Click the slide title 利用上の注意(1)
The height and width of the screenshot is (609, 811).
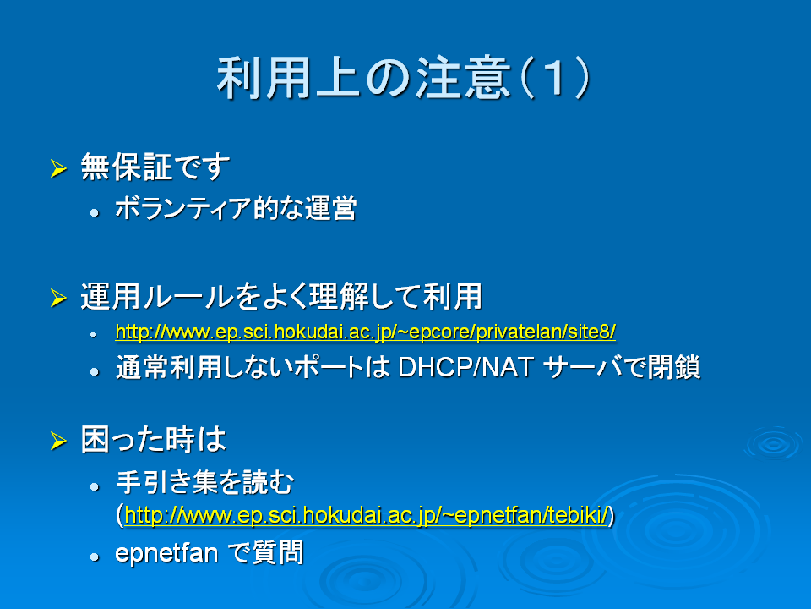point(404,78)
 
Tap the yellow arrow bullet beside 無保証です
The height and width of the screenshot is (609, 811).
point(59,168)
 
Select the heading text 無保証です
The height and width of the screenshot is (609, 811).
point(155,167)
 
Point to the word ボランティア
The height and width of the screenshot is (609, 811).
point(183,208)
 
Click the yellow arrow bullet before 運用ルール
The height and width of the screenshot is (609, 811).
point(59,298)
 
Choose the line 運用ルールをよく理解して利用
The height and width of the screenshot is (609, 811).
point(281,296)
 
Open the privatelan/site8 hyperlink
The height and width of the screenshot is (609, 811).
point(366,332)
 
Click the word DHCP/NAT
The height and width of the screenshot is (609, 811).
point(466,367)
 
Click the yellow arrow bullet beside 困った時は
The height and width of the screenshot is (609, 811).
point(59,441)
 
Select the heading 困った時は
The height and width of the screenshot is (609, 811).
point(154,439)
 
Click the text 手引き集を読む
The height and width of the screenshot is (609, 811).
point(204,482)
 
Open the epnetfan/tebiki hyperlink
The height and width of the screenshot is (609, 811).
point(366,515)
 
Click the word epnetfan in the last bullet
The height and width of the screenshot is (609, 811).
point(166,553)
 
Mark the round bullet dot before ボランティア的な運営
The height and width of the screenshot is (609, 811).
point(94,212)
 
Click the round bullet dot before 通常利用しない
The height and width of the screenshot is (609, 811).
point(94,371)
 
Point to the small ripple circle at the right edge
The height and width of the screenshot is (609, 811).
point(775,443)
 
